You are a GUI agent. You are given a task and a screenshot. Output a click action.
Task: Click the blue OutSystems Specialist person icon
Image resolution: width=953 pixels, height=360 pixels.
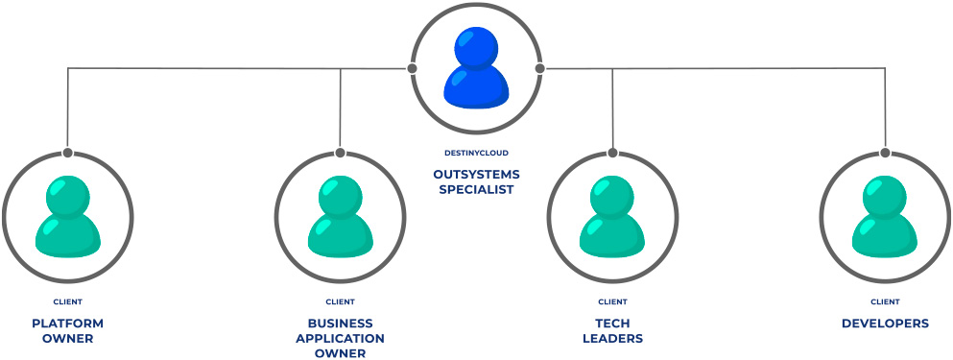pyautogui.click(x=475, y=67)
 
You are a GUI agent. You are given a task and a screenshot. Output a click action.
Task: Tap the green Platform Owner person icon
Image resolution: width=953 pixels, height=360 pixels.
pyautogui.click(x=67, y=218)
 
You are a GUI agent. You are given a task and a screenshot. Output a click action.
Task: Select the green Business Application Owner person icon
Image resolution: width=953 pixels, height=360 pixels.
pyautogui.click(x=340, y=218)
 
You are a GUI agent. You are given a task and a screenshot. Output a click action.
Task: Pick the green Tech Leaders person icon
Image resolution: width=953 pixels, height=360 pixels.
pyautogui.click(x=612, y=218)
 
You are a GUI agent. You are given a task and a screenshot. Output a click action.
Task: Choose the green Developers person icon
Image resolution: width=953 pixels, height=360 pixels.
pyautogui.click(x=885, y=218)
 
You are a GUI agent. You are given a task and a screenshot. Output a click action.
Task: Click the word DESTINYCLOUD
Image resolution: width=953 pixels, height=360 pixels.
pyautogui.click(x=476, y=153)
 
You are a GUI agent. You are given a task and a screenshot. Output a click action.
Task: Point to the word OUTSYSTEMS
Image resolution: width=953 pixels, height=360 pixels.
pyautogui.click(x=476, y=175)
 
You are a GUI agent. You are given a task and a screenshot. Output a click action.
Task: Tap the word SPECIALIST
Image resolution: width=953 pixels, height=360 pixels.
pyautogui.click(x=476, y=189)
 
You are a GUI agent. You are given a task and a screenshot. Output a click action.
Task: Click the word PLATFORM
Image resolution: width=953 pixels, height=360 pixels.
pyautogui.click(x=67, y=324)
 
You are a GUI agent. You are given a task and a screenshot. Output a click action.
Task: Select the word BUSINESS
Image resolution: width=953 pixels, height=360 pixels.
pyautogui.click(x=340, y=324)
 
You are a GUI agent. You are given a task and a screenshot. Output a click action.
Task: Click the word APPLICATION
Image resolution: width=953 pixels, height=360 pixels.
pyautogui.click(x=340, y=339)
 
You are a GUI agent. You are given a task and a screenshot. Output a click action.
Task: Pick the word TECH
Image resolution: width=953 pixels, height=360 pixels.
pyautogui.click(x=612, y=324)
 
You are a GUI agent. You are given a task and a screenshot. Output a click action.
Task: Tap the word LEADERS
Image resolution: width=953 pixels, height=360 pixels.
pyautogui.click(x=612, y=339)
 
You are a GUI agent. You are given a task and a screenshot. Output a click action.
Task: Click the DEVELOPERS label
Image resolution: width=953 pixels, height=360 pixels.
pyautogui.click(x=885, y=324)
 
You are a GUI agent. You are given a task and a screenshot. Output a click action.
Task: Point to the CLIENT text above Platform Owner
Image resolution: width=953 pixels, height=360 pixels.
pyautogui.click(x=67, y=301)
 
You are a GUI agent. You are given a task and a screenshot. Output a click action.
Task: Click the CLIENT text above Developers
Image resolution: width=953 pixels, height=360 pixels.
pyautogui.click(x=885, y=301)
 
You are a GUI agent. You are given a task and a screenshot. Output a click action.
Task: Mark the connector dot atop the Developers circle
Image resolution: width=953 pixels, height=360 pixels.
pyautogui.click(x=885, y=153)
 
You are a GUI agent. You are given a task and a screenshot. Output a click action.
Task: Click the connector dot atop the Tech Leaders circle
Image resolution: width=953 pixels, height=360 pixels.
pyautogui.click(x=612, y=153)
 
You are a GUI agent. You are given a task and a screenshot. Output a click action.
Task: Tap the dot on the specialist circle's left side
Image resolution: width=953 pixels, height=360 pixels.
pyautogui.click(x=412, y=68)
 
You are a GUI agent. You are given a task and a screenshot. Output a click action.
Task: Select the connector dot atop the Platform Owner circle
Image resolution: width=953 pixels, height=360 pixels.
pyautogui.click(x=67, y=153)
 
